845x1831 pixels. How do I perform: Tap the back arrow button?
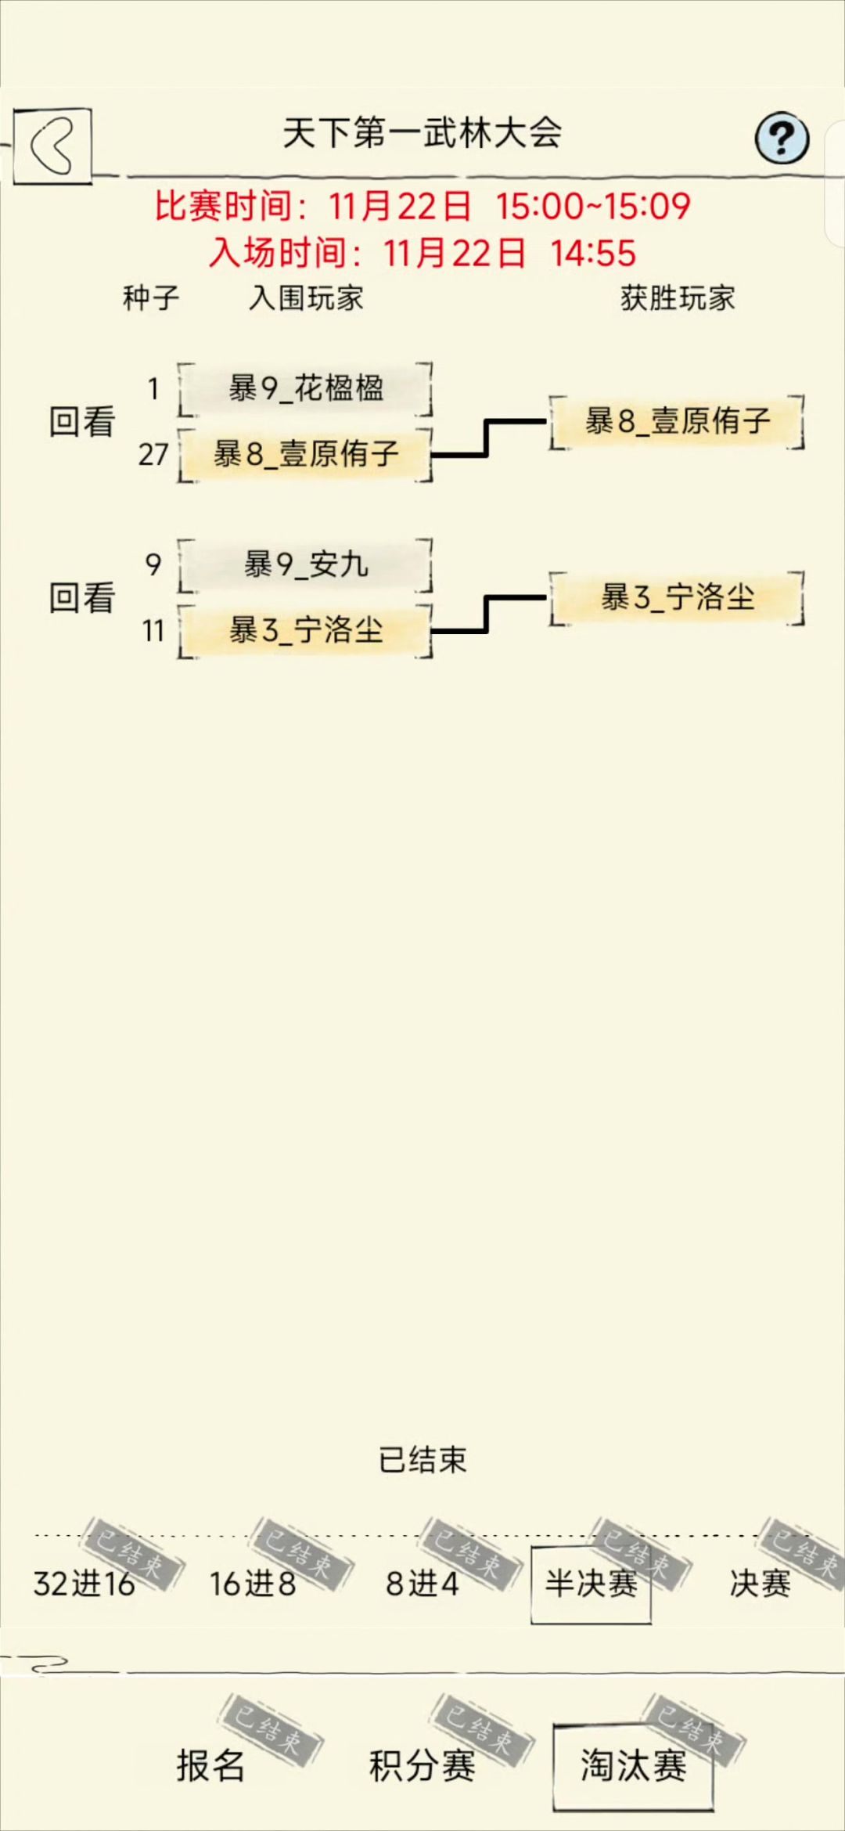[x=52, y=146]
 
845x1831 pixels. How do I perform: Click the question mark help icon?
[x=782, y=139]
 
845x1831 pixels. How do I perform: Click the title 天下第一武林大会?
[x=422, y=133]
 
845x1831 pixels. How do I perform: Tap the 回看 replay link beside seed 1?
[x=82, y=421]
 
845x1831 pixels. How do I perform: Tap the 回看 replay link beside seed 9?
[x=82, y=597]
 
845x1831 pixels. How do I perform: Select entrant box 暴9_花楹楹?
[x=305, y=388]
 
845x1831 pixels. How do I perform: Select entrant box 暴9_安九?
[x=305, y=564]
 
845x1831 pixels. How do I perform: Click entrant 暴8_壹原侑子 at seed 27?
[x=305, y=454]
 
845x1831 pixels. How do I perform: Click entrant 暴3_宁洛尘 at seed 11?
[x=305, y=630]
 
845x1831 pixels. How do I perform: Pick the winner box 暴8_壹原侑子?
[x=678, y=421]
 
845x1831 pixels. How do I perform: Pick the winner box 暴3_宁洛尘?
[x=678, y=597]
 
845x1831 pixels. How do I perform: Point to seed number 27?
[x=153, y=454]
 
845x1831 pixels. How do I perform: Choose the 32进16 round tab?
[x=84, y=1584]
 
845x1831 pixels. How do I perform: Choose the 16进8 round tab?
[x=253, y=1584]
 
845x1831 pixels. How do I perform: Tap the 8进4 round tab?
[x=422, y=1584]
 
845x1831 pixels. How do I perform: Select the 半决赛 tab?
[x=591, y=1584]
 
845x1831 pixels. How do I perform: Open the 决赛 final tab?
[x=760, y=1584]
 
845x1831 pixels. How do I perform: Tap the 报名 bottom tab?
[x=210, y=1765]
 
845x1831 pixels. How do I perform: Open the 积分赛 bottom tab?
[x=422, y=1765]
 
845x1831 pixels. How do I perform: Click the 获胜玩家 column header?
[x=678, y=298]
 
